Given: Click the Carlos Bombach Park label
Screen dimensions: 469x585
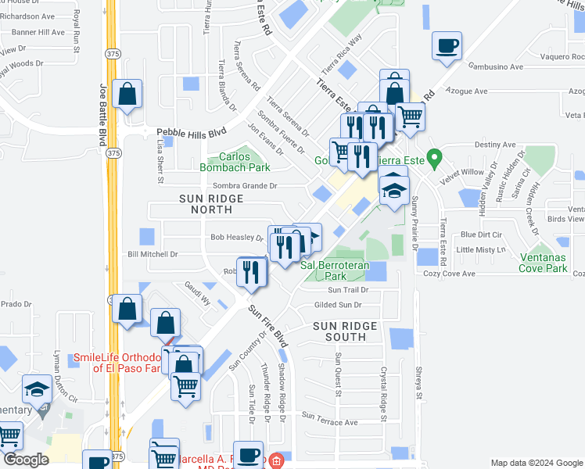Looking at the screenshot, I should pyautogui.click(x=235, y=162).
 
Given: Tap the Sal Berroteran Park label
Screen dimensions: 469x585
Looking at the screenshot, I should pyautogui.click(x=335, y=270).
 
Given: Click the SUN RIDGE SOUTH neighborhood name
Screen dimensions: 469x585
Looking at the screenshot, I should pyautogui.click(x=345, y=331).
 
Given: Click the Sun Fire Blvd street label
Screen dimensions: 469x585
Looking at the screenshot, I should pyautogui.click(x=269, y=326).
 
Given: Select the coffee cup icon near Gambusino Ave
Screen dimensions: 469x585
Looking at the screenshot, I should pyautogui.click(x=447, y=46).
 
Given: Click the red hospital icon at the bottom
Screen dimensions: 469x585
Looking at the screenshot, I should pyautogui.click(x=275, y=461).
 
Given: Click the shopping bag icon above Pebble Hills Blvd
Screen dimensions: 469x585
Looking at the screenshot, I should pyautogui.click(x=126, y=95).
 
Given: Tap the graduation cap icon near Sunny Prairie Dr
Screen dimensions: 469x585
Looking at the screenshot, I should pyautogui.click(x=395, y=190).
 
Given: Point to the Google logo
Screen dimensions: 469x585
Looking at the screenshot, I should pyautogui.click(x=27, y=460).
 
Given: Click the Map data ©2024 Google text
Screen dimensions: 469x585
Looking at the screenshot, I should pyautogui.click(x=536, y=463).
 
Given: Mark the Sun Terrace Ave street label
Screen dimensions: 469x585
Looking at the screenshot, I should pyautogui.click(x=329, y=422).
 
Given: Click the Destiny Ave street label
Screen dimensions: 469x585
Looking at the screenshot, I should pyautogui.click(x=494, y=145).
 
